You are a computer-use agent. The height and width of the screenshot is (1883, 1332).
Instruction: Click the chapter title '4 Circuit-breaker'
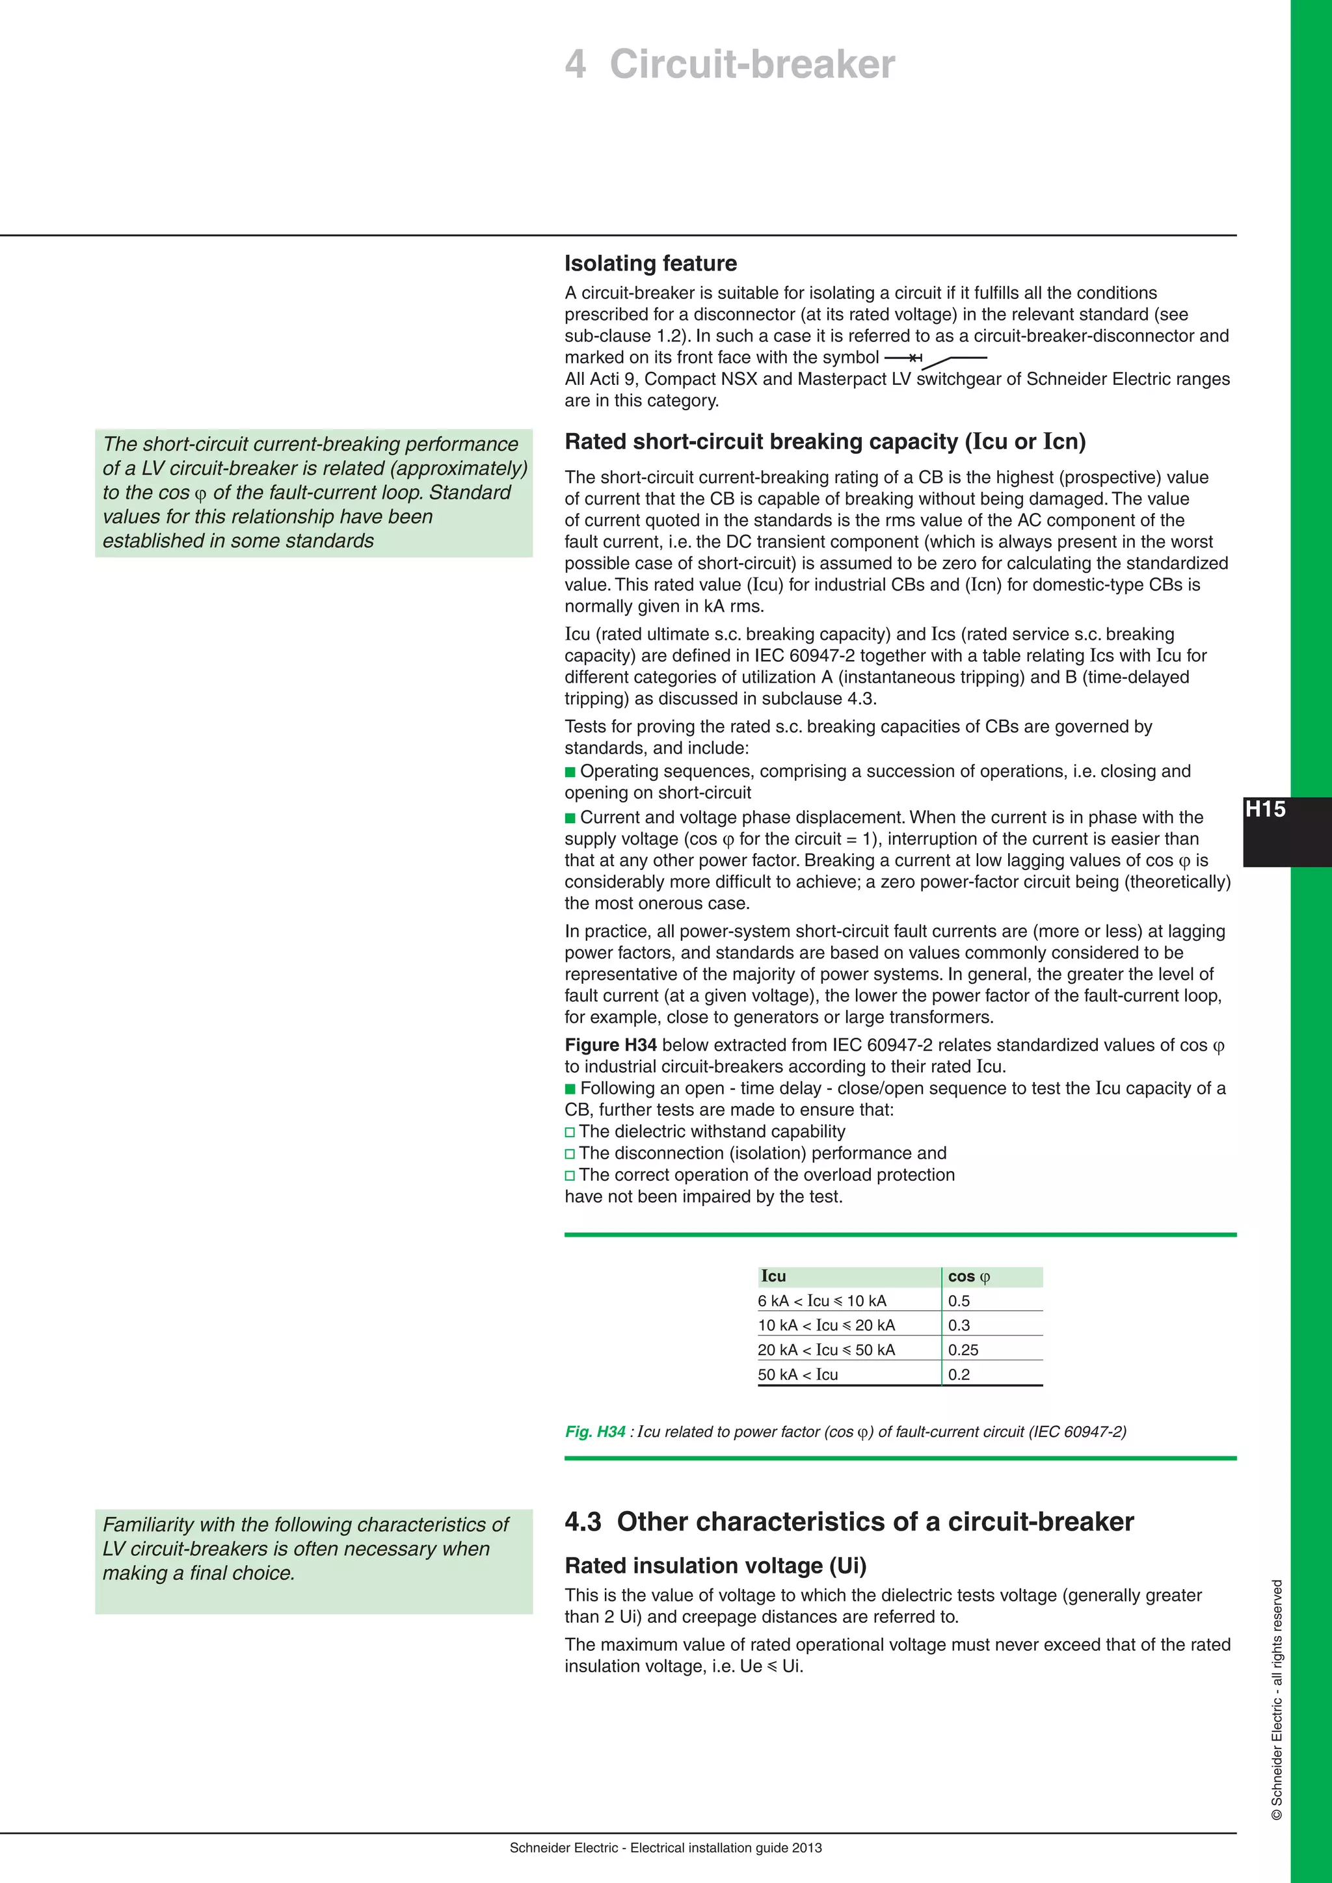coord(729,64)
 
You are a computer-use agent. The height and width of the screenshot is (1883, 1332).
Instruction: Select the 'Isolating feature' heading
coord(650,263)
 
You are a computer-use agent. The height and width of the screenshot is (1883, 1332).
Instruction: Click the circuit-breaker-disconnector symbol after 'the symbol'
coord(935,359)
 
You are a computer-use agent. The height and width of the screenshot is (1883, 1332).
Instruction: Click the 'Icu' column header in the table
coord(773,1276)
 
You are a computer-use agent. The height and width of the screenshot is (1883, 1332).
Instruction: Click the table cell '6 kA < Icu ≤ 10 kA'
coord(822,1300)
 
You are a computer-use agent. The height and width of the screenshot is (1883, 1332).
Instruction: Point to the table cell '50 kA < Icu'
coord(797,1375)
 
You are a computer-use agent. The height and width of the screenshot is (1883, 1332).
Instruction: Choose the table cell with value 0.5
coord(959,1300)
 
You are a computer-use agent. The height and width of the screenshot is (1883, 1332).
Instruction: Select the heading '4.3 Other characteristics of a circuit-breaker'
coord(849,1521)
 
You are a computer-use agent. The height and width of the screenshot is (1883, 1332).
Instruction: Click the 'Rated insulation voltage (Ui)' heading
coord(715,1566)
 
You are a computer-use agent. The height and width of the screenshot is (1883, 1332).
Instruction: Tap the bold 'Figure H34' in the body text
coord(610,1045)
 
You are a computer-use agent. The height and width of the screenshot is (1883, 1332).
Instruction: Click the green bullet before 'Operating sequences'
coord(570,772)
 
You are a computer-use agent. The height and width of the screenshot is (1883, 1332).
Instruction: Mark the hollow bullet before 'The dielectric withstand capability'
coord(570,1133)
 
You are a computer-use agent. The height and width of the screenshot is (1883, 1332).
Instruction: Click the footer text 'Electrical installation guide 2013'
coord(725,1848)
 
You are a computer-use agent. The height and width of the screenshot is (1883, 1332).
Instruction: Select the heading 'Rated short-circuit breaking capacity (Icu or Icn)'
coord(824,441)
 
